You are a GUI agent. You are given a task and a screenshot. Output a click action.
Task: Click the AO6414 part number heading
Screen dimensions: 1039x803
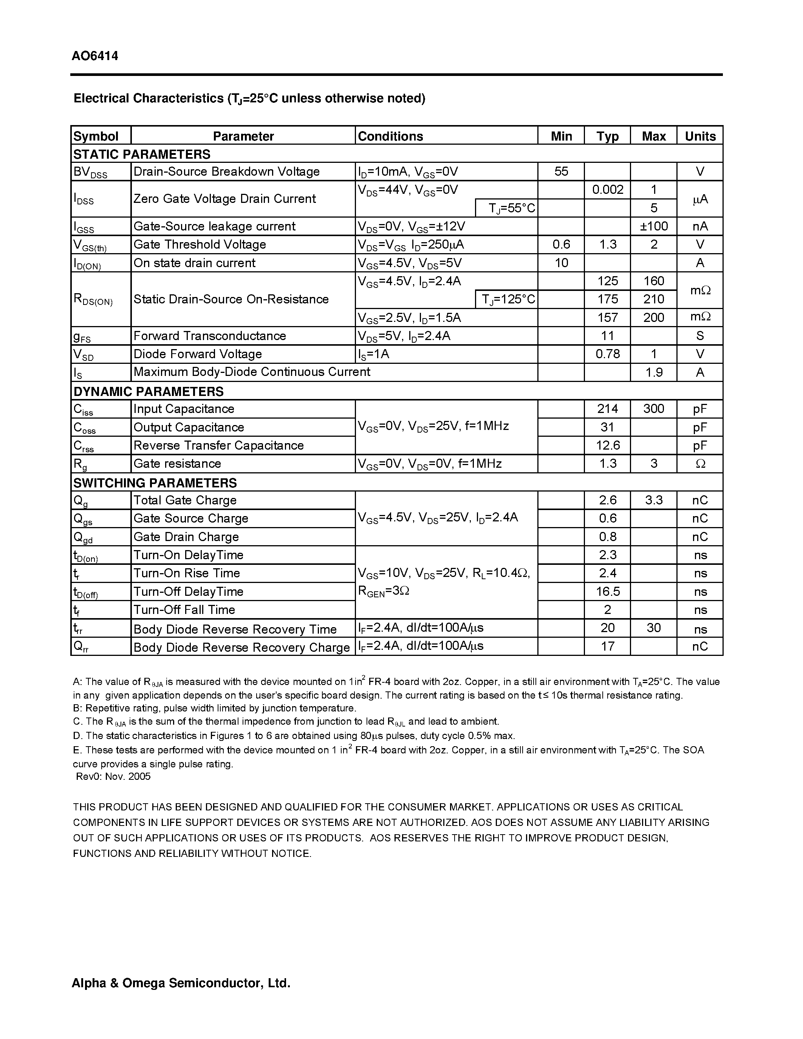tap(95, 56)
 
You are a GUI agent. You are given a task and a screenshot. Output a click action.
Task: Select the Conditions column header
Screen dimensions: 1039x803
tap(390, 136)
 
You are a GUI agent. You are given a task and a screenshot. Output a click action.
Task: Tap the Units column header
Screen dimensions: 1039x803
tap(700, 136)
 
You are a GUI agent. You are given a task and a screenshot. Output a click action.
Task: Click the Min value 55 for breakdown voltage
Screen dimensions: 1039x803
tap(561, 171)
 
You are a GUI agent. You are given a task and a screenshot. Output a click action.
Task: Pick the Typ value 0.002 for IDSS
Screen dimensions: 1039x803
tap(608, 190)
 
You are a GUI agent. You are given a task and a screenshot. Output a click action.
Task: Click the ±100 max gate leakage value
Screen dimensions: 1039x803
tap(654, 226)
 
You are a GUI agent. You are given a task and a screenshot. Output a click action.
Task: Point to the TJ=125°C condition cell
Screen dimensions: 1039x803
tap(507, 299)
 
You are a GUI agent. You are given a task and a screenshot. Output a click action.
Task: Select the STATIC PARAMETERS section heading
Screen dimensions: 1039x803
tap(142, 154)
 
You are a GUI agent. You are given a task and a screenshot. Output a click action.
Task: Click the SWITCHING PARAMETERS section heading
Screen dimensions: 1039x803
tap(155, 483)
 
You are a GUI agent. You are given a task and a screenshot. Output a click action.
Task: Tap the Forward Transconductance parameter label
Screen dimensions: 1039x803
tap(209, 336)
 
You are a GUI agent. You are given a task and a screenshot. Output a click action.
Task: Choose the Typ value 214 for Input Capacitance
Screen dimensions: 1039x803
tap(608, 409)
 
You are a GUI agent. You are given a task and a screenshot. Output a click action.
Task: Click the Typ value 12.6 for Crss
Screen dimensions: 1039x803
tap(608, 445)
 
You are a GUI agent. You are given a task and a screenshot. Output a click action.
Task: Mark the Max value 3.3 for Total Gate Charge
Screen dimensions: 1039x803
tap(654, 500)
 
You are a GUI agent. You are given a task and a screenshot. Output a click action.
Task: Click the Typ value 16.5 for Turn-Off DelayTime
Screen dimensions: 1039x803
tap(608, 591)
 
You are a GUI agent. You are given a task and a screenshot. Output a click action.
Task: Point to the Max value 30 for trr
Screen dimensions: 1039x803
tap(654, 628)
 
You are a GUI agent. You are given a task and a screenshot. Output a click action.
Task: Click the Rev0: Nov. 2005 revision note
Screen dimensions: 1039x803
tap(113, 776)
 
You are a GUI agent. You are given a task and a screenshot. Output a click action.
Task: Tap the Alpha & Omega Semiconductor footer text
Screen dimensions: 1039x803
tap(181, 983)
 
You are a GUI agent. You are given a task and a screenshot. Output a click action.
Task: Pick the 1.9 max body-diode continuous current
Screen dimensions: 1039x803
tap(654, 373)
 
